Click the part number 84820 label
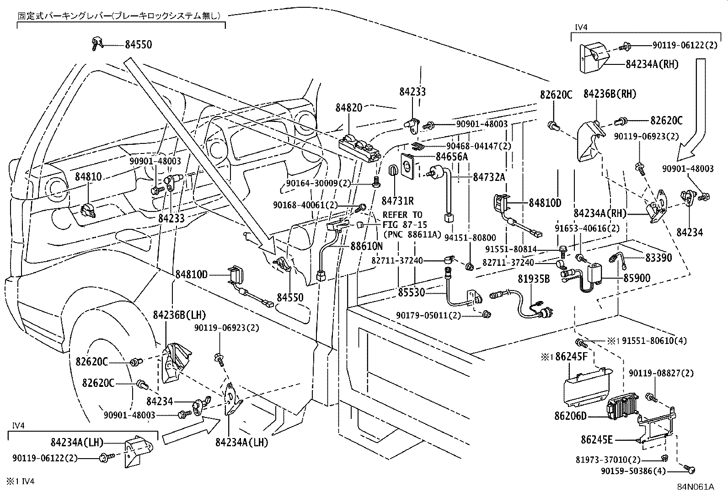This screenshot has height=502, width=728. click(x=348, y=108)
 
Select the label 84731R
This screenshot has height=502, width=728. click(x=398, y=201)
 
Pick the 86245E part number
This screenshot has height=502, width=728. click(x=597, y=440)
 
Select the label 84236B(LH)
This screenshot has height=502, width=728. click(x=179, y=315)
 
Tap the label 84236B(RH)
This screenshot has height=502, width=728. click(x=610, y=94)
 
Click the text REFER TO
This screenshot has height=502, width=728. click(x=402, y=215)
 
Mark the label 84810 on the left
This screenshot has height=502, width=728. click(x=88, y=177)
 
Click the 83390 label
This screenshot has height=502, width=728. click(x=658, y=258)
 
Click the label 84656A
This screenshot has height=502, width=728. click(x=451, y=157)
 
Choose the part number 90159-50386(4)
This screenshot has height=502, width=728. click(x=640, y=471)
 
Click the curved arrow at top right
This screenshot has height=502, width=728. click(x=695, y=110)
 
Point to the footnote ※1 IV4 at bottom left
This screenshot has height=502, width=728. click(x=20, y=481)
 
